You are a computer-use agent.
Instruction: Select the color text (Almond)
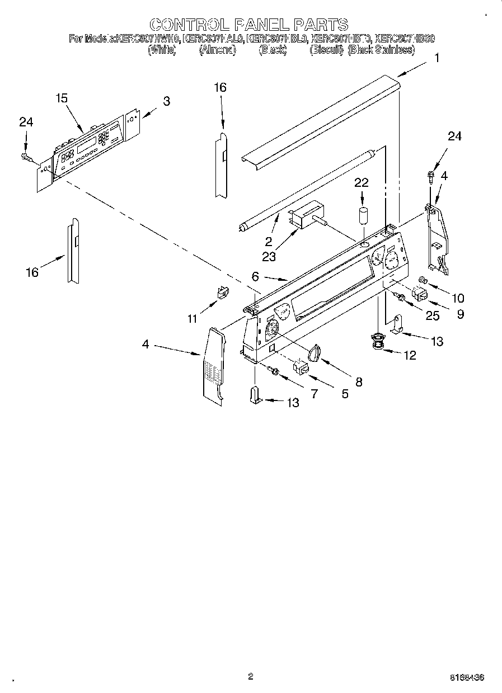click(x=218, y=50)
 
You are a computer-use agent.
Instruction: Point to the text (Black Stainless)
click(x=381, y=50)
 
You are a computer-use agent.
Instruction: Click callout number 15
click(x=62, y=98)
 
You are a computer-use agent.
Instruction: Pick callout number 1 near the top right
click(x=437, y=57)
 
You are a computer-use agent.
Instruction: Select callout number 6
click(x=255, y=276)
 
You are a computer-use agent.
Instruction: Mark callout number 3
click(x=166, y=101)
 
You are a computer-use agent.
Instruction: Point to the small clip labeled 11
click(x=222, y=291)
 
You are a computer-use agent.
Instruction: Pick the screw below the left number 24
click(x=26, y=156)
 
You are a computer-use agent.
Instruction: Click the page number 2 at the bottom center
click(x=251, y=676)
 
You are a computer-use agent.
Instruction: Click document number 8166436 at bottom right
click(x=467, y=677)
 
